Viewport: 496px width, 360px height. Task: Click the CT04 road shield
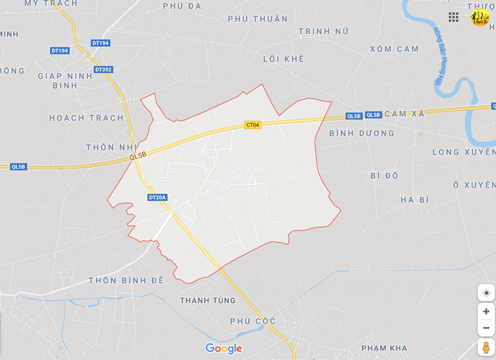[x=252, y=125]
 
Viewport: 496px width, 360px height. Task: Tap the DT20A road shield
[x=157, y=197]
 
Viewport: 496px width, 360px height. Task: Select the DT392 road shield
[x=103, y=70]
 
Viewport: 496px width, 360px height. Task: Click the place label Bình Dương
[x=362, y=133]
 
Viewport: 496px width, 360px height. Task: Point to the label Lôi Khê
[x=284, y=59]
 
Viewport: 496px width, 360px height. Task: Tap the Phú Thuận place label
[x=258, y=19]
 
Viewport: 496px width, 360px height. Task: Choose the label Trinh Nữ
[x=323, y=31]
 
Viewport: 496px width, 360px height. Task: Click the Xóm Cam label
[x=394, y=49]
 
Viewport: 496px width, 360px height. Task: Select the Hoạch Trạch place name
[x=86, y=118]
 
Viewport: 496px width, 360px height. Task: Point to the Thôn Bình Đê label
[x=126, y=280]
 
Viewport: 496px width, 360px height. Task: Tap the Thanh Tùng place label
[x=208, y=301]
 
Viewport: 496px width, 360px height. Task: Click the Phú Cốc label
[x=253, y=321]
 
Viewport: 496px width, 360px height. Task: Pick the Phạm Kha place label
[x=384, y=348]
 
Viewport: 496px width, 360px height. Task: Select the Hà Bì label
[x=415, y=200]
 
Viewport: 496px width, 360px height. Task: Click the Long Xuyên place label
[x=464, y=152]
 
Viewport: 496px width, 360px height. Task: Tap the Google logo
[x=224, y=348]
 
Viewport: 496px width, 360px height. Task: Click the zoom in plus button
[x=486, y=311]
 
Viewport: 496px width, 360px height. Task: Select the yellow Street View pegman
[x=486, y=347]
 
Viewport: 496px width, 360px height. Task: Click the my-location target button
[x=486, y=293]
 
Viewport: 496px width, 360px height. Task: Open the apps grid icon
[x=453, y=17]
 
